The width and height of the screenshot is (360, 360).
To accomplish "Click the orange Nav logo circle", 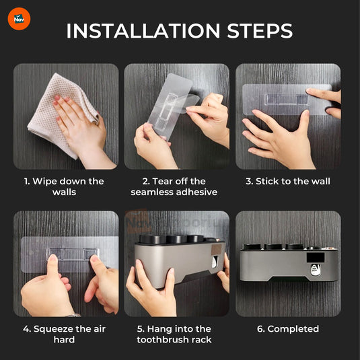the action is point(19,19).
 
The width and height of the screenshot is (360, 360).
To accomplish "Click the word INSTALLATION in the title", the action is point(143,31).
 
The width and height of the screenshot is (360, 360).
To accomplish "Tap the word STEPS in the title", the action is point(260,31).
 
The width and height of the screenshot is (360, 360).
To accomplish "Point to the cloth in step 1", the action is point(62,115).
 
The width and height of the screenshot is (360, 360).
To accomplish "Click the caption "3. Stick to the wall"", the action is point(288,181).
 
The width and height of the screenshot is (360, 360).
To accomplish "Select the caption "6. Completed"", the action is point(288,329).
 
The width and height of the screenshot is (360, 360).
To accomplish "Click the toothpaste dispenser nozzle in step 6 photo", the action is point(316,270).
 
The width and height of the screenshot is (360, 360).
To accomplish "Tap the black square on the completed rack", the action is point(316,258).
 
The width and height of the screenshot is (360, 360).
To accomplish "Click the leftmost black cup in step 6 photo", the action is point(252,246).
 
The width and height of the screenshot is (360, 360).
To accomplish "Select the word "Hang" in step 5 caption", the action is point(159,329).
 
